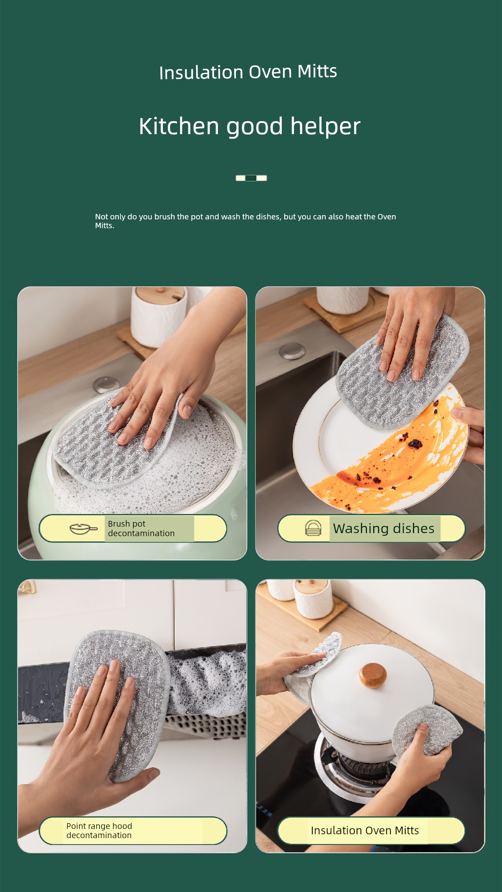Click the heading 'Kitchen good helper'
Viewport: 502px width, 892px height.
250,127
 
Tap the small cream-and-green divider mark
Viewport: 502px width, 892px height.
251,178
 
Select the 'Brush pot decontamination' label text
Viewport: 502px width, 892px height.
141,528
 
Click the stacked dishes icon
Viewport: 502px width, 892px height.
313,528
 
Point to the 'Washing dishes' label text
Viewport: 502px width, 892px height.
383,528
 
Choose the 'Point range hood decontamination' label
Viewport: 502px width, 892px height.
99,830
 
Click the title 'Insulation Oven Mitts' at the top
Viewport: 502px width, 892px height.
248,72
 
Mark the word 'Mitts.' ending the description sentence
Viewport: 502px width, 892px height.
105,225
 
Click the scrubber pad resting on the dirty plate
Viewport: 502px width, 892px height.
401,371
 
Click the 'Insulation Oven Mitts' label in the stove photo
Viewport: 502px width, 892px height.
365,830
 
